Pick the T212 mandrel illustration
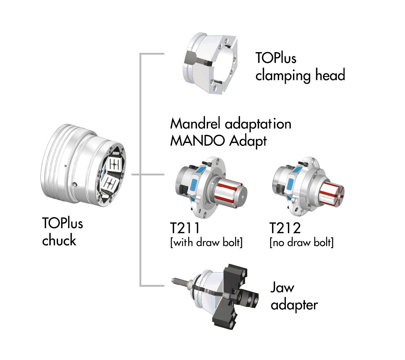coord(308,186)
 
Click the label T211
coord(185,228)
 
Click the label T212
coord(285,228)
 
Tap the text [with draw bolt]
coord(207,243)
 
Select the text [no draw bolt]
coord(301,243)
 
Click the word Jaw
coord(282,288)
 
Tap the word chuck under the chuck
coord(59,240)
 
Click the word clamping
coord(283,76)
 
